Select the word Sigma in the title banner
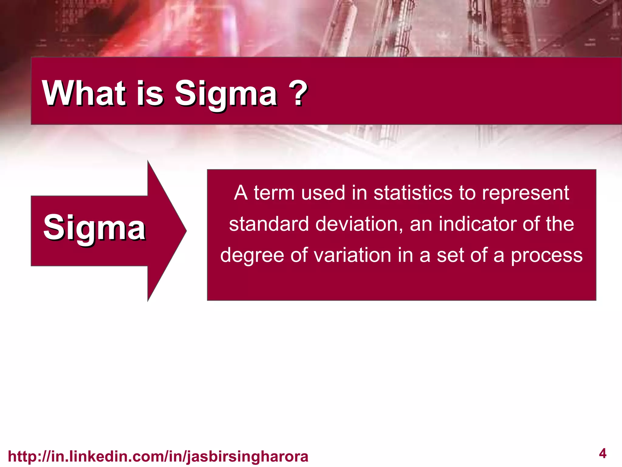226,94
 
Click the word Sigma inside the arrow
94,228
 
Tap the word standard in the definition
269,224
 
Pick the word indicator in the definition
477,224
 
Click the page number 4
603,454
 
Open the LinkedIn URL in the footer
158,456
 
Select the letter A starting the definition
241,193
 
